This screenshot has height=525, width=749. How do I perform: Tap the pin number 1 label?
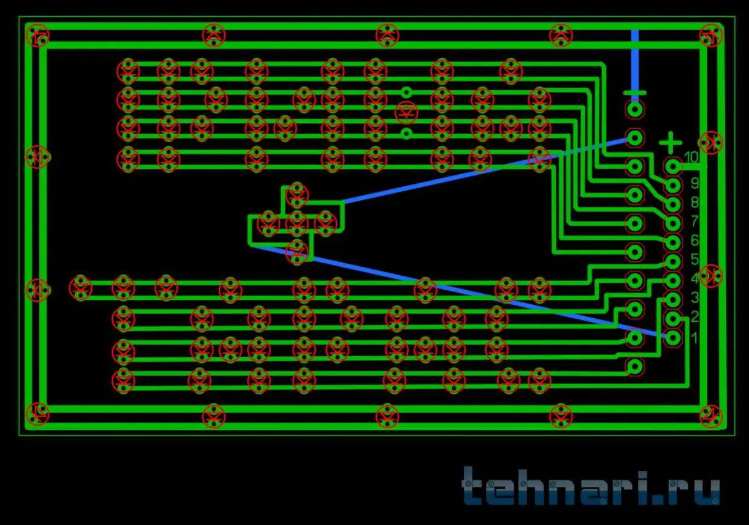click(695, 337)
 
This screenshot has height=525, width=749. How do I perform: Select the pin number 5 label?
click(695, 259)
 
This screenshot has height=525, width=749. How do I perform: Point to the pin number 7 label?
click(695, 221)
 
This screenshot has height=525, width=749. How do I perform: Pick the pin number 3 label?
click(695, 298)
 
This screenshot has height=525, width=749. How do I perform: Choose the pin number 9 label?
click(695, 183)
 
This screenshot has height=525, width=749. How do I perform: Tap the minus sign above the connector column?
click(634, 93)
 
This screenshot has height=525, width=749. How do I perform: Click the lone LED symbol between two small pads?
click(407, 112)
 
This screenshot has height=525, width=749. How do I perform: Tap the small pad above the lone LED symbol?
click(407, 92)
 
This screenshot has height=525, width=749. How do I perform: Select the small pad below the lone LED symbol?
click(407, 133)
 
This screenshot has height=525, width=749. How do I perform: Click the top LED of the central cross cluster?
click(297, 194)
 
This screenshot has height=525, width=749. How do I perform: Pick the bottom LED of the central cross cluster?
click(297, 251)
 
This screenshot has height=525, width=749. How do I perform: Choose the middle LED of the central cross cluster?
click(297, 223)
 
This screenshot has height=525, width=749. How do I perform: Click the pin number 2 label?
click(695, 317)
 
